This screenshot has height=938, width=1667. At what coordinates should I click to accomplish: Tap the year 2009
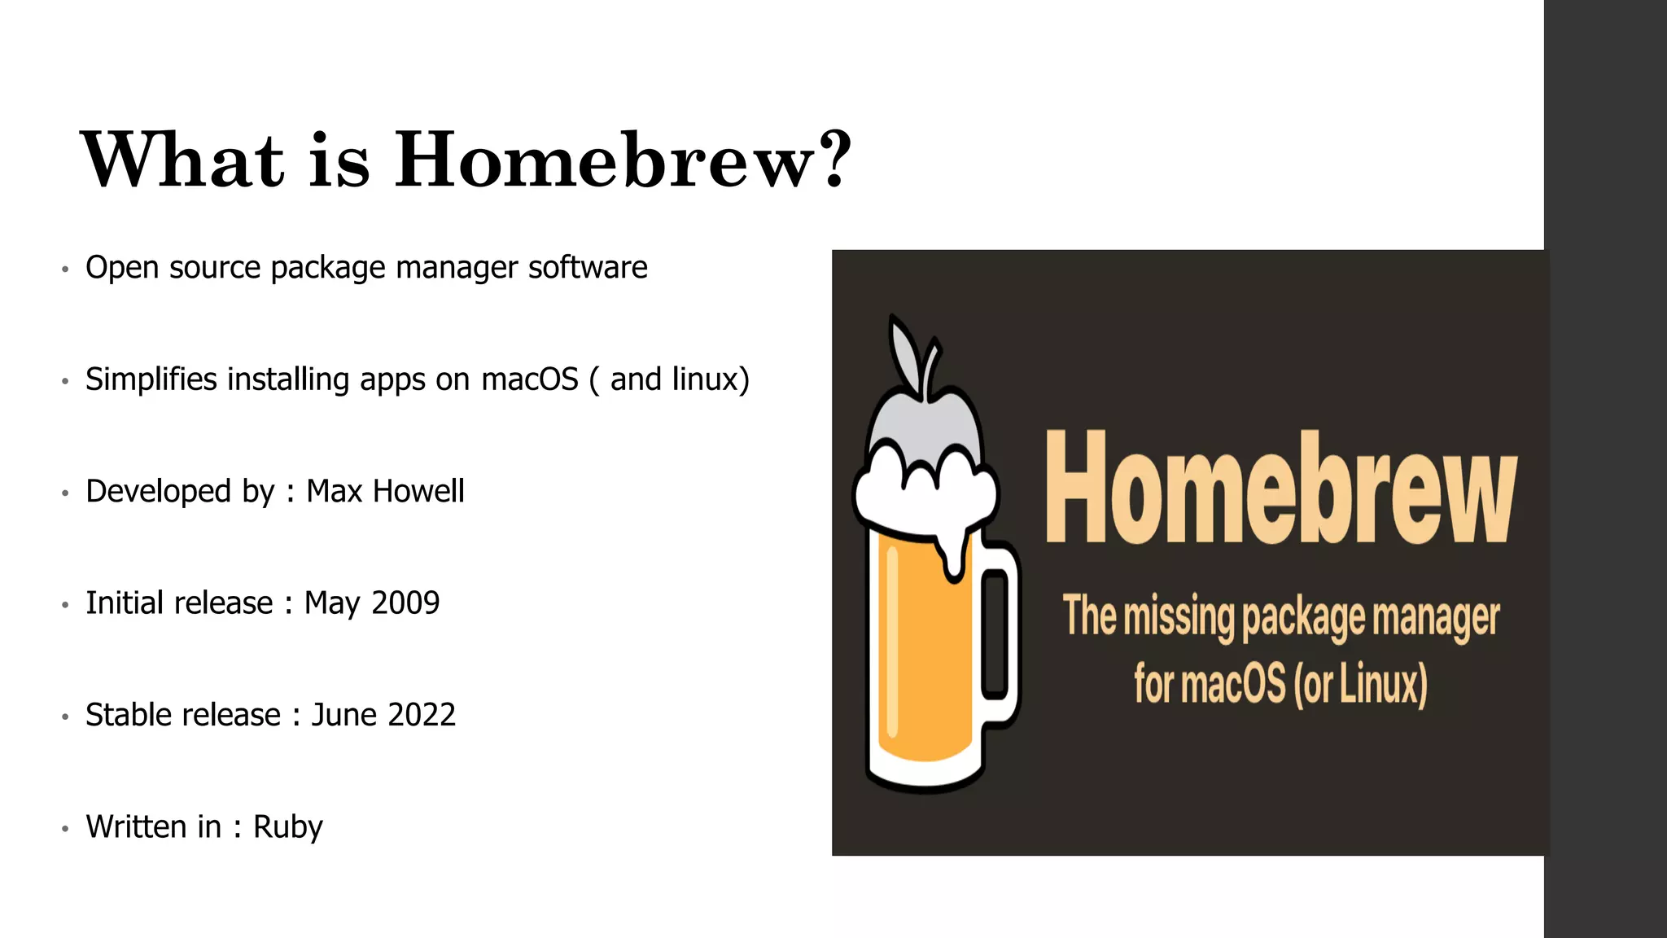pyautogui.click(x=405, y=603)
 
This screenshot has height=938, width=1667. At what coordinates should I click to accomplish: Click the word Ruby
pyautogui.click(x=287, y=827)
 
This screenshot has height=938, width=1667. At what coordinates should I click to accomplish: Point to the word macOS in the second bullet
pyautogui.click(x=529, y=380)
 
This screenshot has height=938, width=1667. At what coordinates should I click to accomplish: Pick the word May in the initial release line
pyautogui.click(x=331, y=604)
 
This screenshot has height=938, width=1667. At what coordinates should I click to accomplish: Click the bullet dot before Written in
pyautogui.click(x=65, y=829)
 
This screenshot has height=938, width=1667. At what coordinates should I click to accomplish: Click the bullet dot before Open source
pyautogui.click(x=65, y=270)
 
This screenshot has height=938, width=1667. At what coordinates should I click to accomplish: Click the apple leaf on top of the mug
pyautogui.click(x=905, y=354)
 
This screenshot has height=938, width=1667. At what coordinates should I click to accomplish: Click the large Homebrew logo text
pyautogui.click(x=1280, y=489)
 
